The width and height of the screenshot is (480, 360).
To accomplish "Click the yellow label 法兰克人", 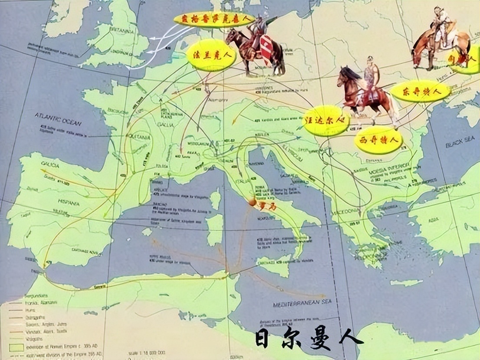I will (x=211, y=55).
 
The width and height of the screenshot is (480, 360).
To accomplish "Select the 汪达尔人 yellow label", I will (x=326, y=120).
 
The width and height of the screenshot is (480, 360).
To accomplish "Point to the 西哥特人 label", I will (x=378, y=140).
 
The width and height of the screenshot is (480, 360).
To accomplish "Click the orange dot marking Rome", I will (x=252, y=202).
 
